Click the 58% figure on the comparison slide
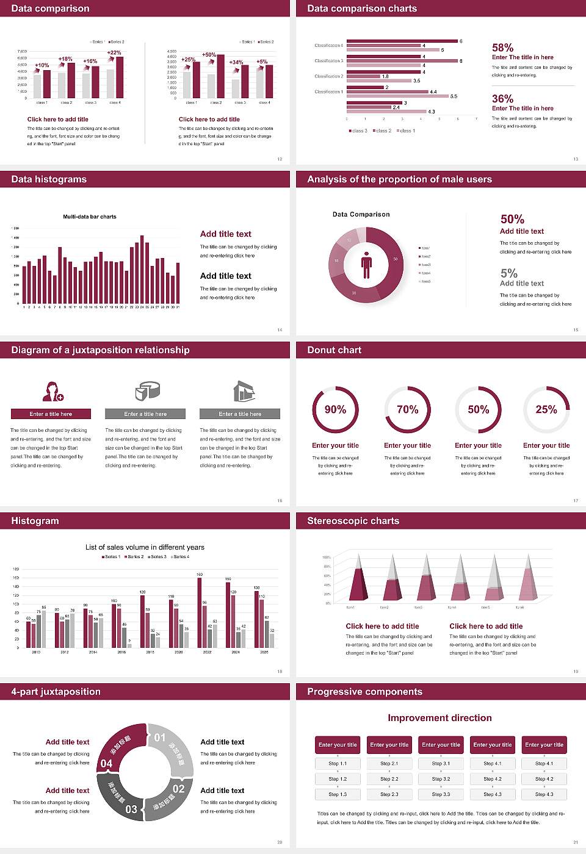(x=502, y=48)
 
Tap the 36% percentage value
(x=502, y=99)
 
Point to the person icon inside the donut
(x=366, y=265)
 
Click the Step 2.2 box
(x=389, y=779)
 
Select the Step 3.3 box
(x=441, y=794)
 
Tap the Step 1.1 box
(x=338, y=764)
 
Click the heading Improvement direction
(x=440, y=718)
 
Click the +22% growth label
(x=114, y=52)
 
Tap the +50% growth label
(x=209, y=55)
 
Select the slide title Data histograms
(x=49, y=179)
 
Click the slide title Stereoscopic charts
(x=353, y=521)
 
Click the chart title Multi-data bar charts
(x=90, y=217)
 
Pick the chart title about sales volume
(x=145, y=547)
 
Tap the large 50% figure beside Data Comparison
(x=512, y=219)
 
